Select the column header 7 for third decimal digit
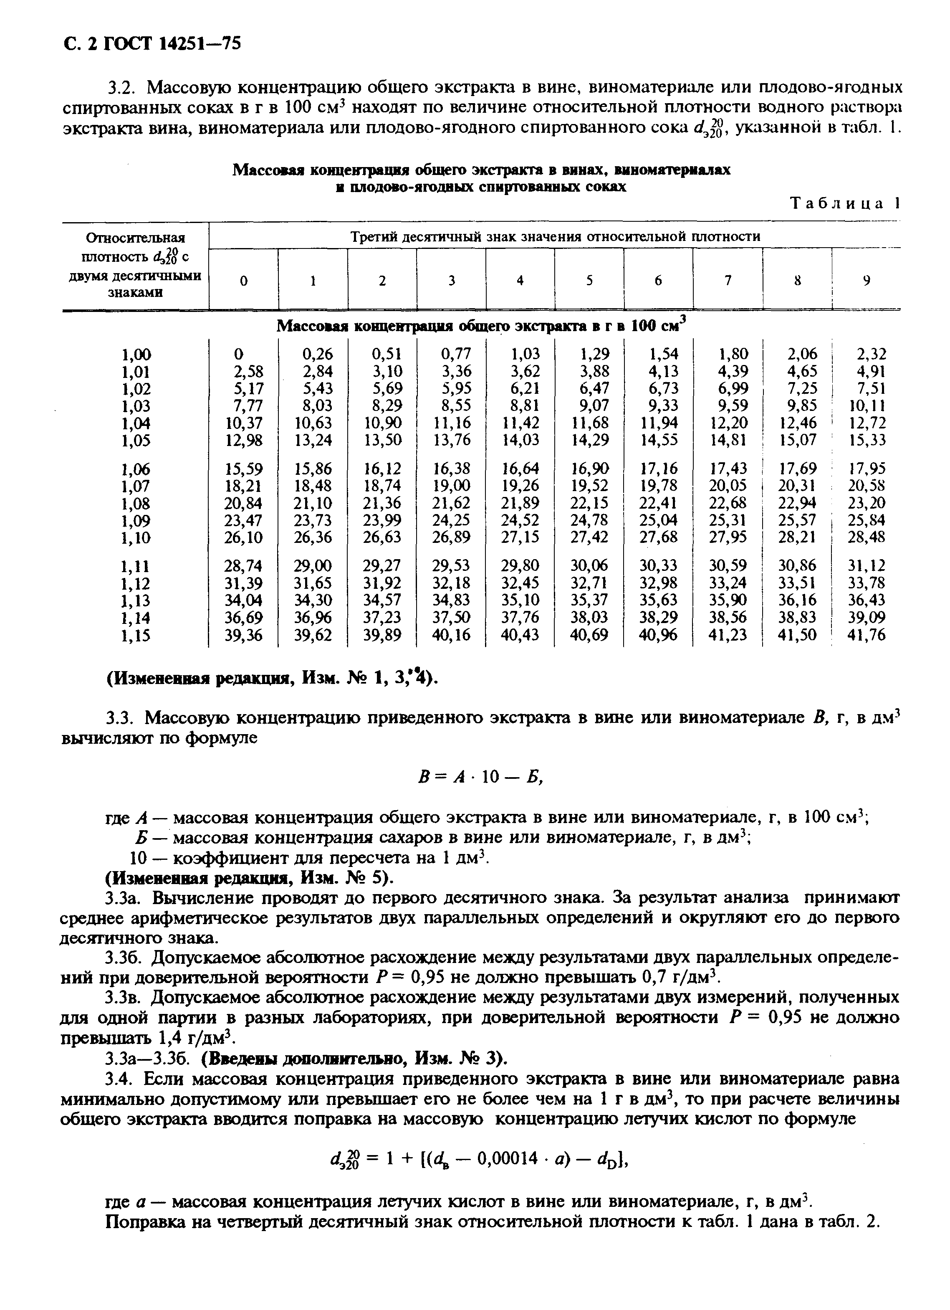pos(728,281)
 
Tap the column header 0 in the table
pos(244,281)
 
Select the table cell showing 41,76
pos(867,635)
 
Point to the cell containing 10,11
pos(867,405)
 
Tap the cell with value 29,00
pos(313,565)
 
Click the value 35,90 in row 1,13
pos(728,600)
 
